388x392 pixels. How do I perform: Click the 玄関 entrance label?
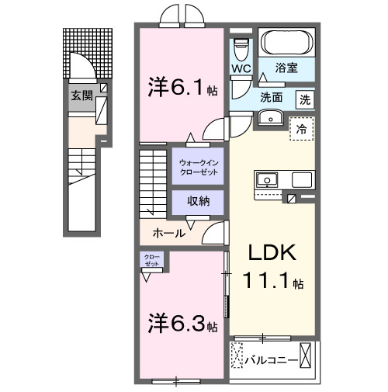82,96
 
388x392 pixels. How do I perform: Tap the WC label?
240,69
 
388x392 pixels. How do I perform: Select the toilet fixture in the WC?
241,48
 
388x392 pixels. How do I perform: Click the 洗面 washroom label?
272,99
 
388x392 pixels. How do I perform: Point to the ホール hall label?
169,233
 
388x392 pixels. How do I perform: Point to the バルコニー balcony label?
272,360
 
